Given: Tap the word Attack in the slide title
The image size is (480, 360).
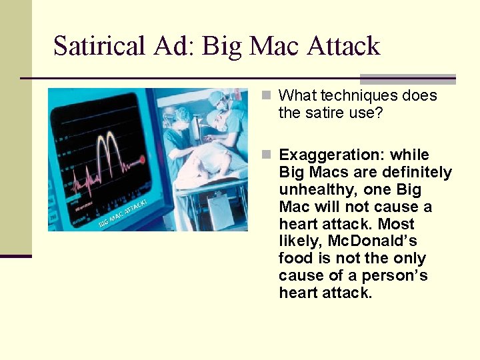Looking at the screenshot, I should point(343,46).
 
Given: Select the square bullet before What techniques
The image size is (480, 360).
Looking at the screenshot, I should point(267,95).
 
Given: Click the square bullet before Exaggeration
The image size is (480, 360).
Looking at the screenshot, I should point(267,155).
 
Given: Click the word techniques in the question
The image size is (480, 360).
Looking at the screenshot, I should point(357,95).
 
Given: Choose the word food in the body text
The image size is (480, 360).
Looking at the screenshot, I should point(295,258).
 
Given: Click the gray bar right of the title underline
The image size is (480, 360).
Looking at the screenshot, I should point(407,79).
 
